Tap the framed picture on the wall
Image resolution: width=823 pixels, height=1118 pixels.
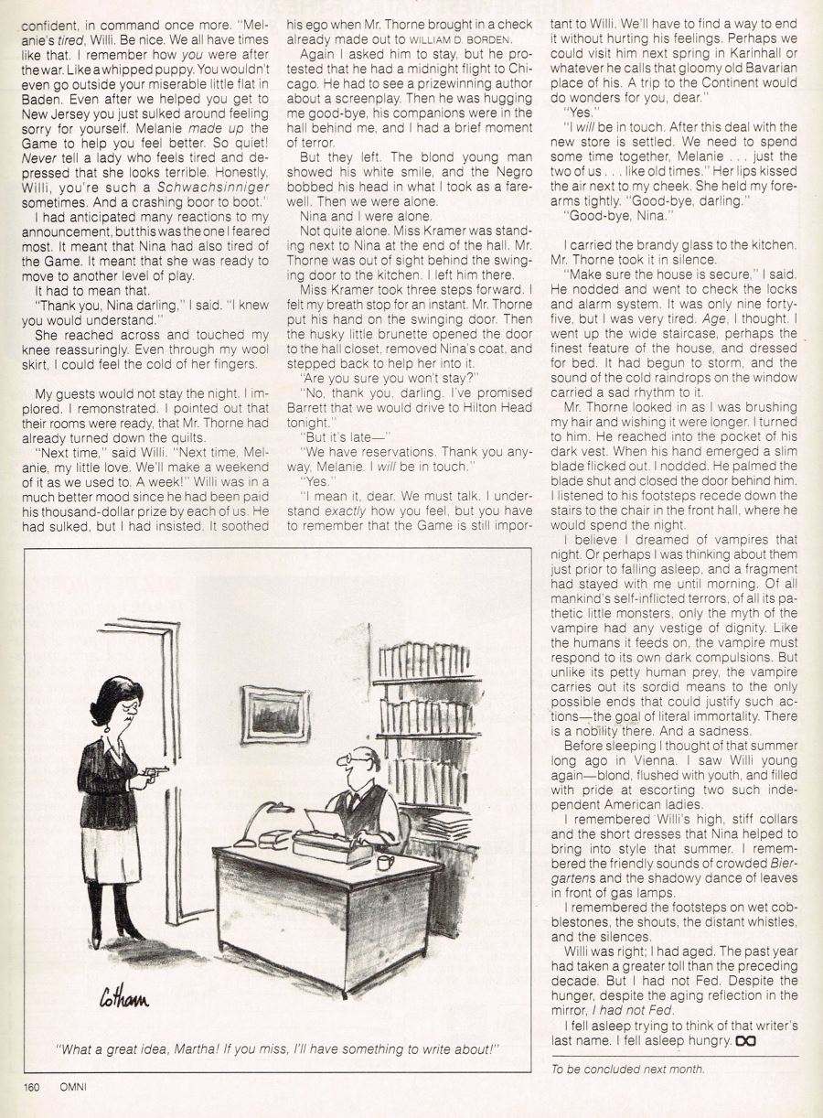click(274, 714)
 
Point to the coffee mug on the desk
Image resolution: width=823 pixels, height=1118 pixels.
click(385, 862)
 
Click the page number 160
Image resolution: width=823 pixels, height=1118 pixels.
click(34, 1087)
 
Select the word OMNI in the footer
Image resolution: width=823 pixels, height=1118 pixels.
click(73, 1087)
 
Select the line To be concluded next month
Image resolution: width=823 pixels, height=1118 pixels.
click(627, 1069)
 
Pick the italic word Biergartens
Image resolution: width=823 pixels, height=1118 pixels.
click(777, 862)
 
